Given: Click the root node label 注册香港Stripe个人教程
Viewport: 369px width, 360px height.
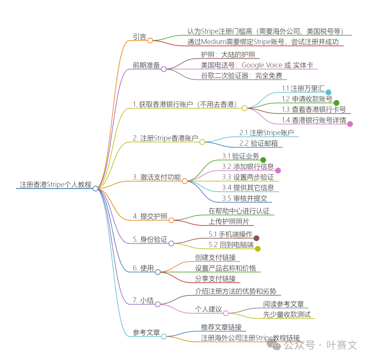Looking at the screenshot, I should tap(55, 185).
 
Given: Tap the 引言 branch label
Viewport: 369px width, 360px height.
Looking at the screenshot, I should tap(139, 37).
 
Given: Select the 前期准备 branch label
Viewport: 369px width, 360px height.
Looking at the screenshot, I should tap(146, 65).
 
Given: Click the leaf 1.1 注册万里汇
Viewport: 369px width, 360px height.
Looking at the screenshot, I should tap(303, 88).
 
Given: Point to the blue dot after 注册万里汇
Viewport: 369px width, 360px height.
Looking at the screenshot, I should tap(328, 92).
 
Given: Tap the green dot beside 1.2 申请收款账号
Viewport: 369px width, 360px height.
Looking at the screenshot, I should tap(336, 103).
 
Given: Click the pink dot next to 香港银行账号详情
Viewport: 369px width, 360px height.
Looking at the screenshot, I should tap(350, 124).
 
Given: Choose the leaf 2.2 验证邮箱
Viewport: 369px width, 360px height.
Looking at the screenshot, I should tap(259, 143).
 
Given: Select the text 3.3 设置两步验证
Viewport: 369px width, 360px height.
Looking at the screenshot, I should tap(248, 177).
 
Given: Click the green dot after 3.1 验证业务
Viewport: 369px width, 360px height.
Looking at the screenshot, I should tap(263, 160).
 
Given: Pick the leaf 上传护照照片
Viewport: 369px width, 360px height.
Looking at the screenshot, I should tap(229, 221).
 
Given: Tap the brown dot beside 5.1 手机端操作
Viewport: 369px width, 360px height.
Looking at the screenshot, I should tap(256, 238).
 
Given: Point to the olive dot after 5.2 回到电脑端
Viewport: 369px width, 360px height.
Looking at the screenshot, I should tap(258, 248).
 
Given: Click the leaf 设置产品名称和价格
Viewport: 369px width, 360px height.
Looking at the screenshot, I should tap(225, 268).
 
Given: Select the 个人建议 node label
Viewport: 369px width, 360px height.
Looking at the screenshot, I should tap(208, 309).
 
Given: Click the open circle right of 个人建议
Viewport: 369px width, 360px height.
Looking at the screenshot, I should tap(226, 313).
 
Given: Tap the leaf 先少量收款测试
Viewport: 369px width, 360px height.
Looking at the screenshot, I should tap(287, 315).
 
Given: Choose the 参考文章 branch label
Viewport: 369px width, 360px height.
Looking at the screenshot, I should tap(146, 332).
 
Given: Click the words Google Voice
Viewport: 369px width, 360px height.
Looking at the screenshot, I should tap(262, 65).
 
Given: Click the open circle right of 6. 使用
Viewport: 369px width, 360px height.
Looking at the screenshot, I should tap(158, 272).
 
